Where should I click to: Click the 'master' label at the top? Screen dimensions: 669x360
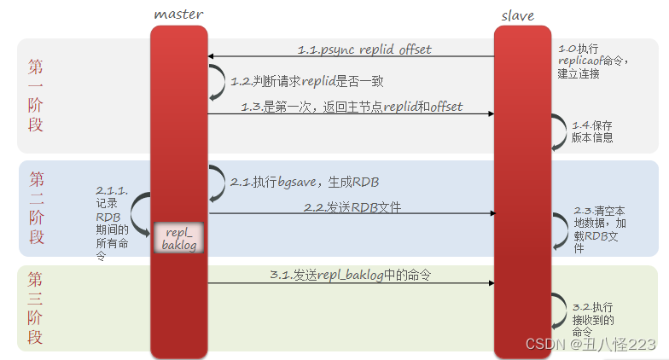coord(178,15)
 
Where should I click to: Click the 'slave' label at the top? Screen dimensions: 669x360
coord(517,15)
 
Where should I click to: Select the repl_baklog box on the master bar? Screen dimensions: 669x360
coord(179,238)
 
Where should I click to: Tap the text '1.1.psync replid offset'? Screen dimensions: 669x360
coord(364,49)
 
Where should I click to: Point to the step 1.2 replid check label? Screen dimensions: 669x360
coord(307,81)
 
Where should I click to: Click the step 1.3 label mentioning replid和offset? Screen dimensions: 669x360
coord(352,107)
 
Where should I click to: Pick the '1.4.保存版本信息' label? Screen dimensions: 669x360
coord(592,131)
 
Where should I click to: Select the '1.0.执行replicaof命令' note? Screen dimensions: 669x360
coord(592,61)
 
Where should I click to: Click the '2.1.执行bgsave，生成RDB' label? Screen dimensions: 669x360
coord(305,183)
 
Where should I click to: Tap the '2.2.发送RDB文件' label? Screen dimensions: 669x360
coord(352,207)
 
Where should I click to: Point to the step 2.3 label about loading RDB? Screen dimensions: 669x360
coord(599,229)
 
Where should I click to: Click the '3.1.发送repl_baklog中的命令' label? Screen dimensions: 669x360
coord(350,275)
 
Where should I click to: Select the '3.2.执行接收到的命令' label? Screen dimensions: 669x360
coord(592,319)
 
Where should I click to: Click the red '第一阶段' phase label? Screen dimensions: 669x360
coord(36,96)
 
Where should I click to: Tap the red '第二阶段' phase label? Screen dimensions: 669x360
coord(37,208)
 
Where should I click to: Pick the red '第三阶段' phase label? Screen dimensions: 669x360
coord(35,307)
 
